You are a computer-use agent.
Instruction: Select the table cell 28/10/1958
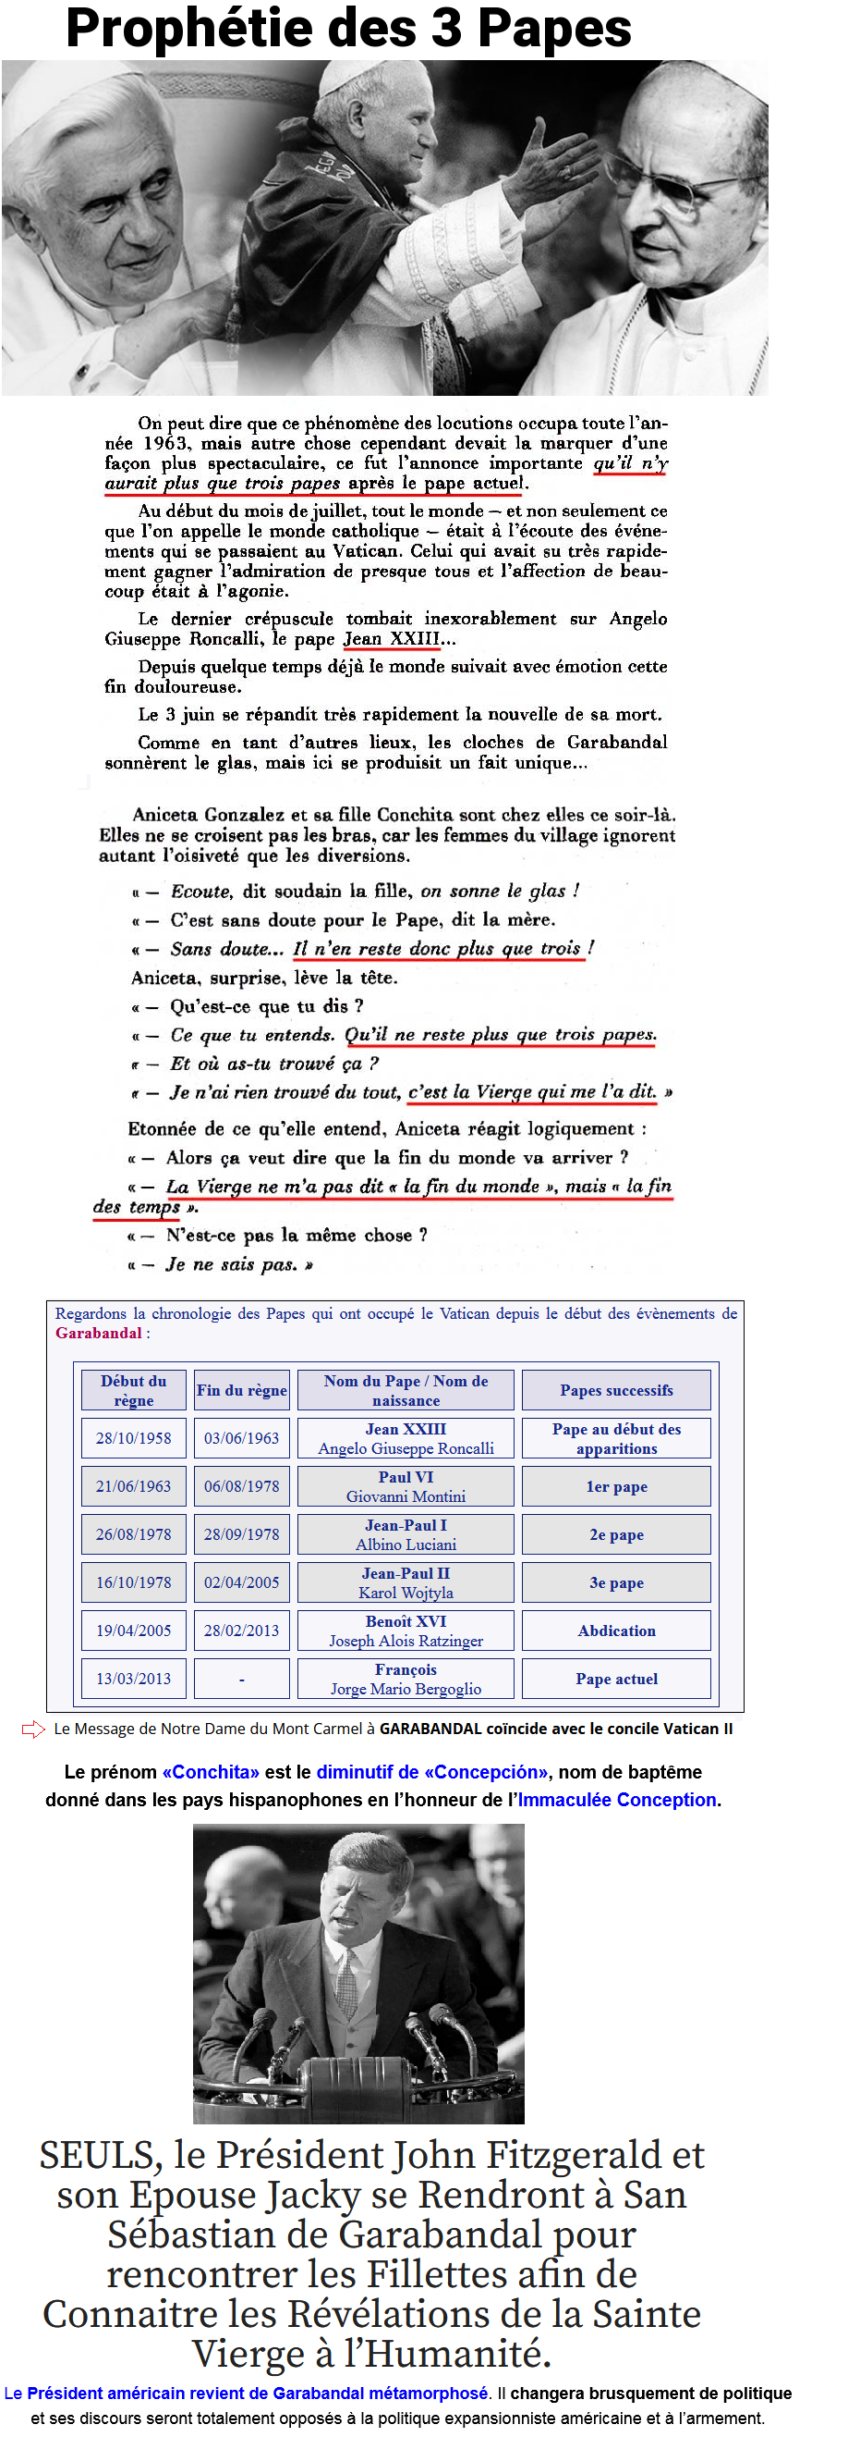(133, 1438)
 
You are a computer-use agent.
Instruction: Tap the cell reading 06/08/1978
(241, 1486)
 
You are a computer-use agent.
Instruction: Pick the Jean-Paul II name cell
(406, 1582)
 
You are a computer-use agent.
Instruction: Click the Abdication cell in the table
(616, 1630)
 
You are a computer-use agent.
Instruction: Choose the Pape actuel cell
(616, 1679)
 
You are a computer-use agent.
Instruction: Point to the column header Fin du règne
(241, 1390)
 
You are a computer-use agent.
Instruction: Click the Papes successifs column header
(616, 1390)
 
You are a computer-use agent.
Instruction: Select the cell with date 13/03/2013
(133, 1679)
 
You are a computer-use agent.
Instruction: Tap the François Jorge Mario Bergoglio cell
(406, 1679)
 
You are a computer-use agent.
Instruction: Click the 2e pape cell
(616, 1534)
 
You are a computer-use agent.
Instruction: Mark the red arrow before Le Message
(33, 1729)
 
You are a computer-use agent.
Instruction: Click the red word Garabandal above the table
(98, 1333)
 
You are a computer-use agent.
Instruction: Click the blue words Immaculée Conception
(616, 1800)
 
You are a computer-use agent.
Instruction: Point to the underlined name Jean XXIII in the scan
(391, 638)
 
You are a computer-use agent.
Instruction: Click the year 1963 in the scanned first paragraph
(164, 443)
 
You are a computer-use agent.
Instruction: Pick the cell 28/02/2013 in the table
(241, 1630)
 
